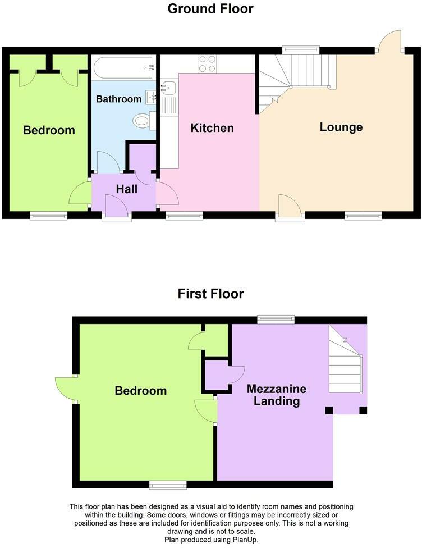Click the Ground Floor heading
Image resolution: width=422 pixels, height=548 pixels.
pos(210,9)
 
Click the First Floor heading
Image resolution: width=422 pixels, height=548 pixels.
pos(210,294)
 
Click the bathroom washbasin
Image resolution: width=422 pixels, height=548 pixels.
pos(150,97)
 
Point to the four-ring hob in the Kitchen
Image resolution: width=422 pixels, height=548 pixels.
pos(206,64)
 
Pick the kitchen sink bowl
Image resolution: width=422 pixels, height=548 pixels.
pos(168,88)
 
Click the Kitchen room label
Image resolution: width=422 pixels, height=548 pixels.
pos(212,128)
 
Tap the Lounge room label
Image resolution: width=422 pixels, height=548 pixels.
pos(341,127)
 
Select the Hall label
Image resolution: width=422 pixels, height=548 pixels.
pos(127,189)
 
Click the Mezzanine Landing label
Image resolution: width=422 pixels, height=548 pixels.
pos(276,395)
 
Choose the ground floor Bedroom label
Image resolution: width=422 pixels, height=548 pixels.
pos(49,130)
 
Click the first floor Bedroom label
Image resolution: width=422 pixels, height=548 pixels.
pos(140,391)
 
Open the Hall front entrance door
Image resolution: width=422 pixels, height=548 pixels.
pos(117,211)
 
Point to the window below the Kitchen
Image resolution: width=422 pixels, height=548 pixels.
pos(184,215)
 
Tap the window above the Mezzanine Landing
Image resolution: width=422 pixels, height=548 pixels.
pos(276,319)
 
